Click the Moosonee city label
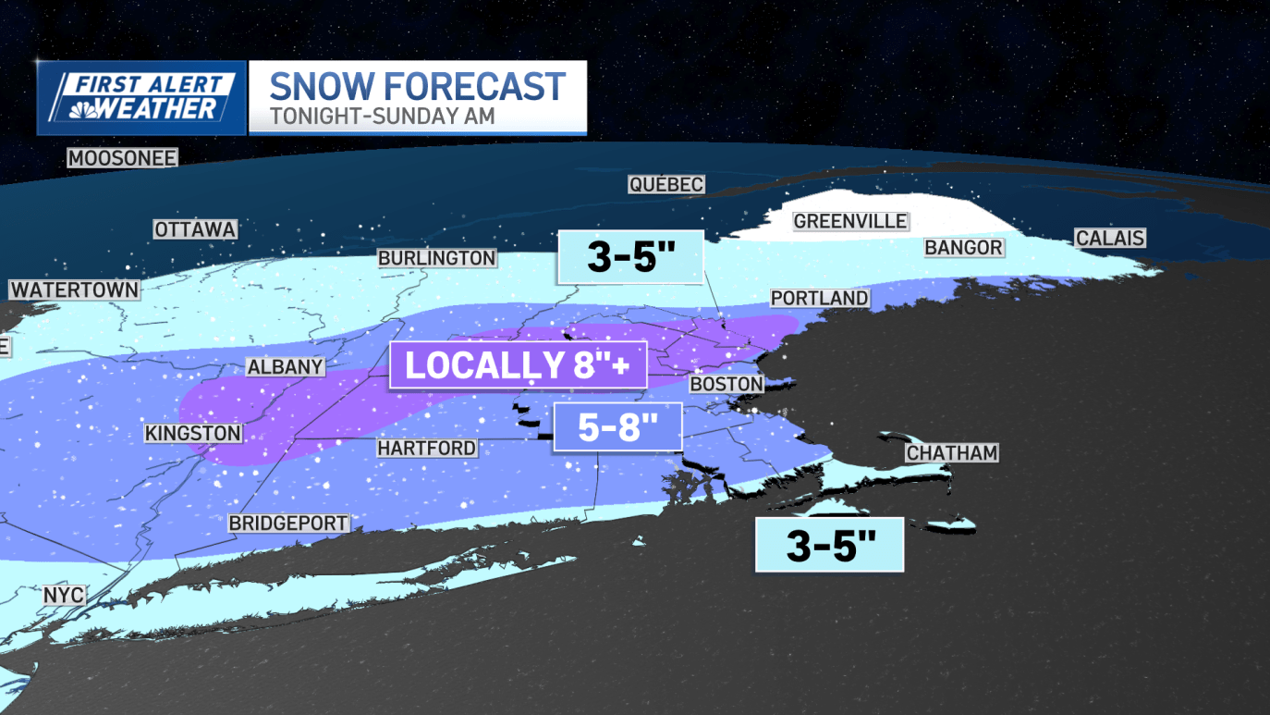click(122, 158)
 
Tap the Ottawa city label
click(195, 229)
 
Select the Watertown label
click(74, 290)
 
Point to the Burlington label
click(436, 258)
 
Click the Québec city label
click(666, 185)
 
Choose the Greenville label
click(850, 221)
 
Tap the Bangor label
click(963, 247)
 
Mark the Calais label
click(1110, 238)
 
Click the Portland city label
click(820, 298)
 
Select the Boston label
click(727, 383)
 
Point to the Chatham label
click(951, 452)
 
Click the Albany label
click(285, 367)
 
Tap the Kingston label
click(192, 433)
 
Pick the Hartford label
click(426, 448)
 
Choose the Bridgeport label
click(288, 523)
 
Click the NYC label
click(64, 595)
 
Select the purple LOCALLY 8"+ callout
click(518, 365)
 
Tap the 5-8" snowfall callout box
click(617, 427)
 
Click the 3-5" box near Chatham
click(829, 545)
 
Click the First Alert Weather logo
click(141, 97)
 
